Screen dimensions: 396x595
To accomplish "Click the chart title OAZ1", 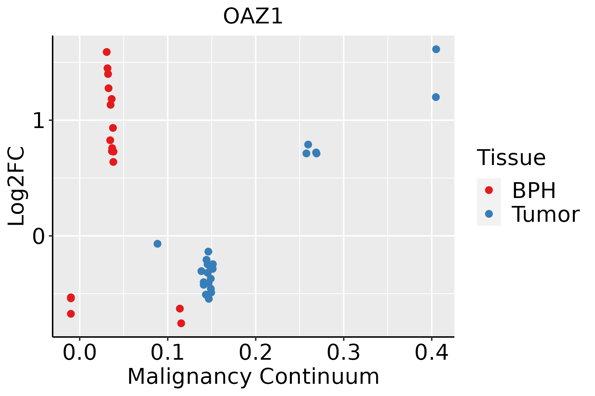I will [253, 16].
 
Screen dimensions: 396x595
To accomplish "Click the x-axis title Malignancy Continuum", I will [253, 377].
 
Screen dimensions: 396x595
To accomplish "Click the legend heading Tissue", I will [511, 158].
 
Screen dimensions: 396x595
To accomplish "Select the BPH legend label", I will [534, 190].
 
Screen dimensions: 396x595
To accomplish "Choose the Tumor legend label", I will [545, 214].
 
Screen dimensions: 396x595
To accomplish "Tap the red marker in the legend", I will [489, 190].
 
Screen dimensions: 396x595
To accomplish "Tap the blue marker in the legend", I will [489, 214].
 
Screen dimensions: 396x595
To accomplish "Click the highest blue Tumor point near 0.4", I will [436, 49].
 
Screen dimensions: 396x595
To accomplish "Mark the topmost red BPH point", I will [107, 52].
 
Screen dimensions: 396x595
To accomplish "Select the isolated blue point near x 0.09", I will [157, 244].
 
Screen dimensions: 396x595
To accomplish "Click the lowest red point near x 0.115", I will [181, 323].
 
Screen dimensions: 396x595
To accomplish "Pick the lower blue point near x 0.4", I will [436, 97].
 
